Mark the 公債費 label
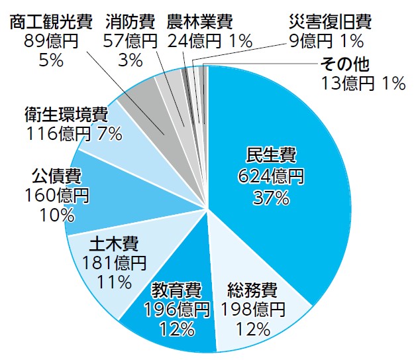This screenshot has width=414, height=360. pos(57,176)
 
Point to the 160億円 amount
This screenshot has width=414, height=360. pos(57,196)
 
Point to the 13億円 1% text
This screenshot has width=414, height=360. pos(362,84)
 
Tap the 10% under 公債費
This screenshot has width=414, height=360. pos(57,215)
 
